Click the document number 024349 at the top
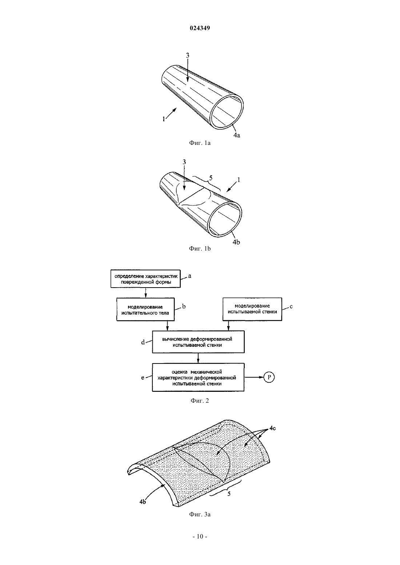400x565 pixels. [200, 28]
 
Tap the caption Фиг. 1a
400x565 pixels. [200, 143]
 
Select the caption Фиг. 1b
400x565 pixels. [200, 249]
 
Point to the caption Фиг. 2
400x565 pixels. [200, 401]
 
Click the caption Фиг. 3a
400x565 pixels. [200, 514]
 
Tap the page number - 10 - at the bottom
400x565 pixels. [200, 537]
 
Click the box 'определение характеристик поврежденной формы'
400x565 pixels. [145, 279]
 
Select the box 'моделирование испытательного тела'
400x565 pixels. [145, 309]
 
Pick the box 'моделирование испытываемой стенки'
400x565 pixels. [252, 309]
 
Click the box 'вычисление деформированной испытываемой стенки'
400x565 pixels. [198, 342]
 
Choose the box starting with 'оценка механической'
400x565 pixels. [198, 377]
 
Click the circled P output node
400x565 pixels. [269, 377]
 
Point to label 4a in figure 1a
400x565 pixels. [237, 135]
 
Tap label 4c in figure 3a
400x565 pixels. [272, 428]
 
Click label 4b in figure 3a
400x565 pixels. [143, 502]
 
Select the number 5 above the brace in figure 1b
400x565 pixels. [211, 178]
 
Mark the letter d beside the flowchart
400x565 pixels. [143, 342]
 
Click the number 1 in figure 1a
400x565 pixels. [164, 119]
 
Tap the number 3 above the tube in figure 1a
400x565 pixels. [188, 55]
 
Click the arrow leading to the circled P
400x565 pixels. [254, 377]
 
